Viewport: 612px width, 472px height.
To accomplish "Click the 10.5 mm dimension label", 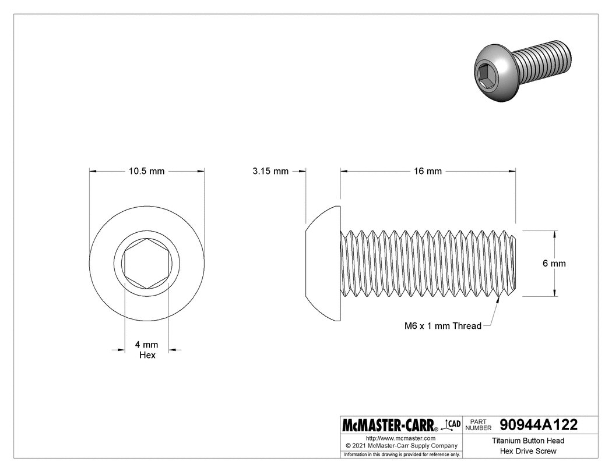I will (147, 171).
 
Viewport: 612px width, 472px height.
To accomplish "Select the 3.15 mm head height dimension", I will (270, 171).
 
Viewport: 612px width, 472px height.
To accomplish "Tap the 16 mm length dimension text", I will (428, 171).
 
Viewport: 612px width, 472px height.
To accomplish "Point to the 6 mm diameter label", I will (554, 264).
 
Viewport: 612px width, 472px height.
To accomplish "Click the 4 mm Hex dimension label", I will (147, 350).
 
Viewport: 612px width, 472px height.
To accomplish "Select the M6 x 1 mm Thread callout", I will (443, 326).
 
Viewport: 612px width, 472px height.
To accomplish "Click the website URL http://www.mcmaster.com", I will (401, 438).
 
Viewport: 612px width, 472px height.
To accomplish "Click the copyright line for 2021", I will (401, 445).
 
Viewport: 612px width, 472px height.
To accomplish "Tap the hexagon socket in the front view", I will (147, 263).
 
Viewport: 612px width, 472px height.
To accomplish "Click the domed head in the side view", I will (323, 263).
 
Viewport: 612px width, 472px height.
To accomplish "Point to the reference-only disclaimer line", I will (401, 454).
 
